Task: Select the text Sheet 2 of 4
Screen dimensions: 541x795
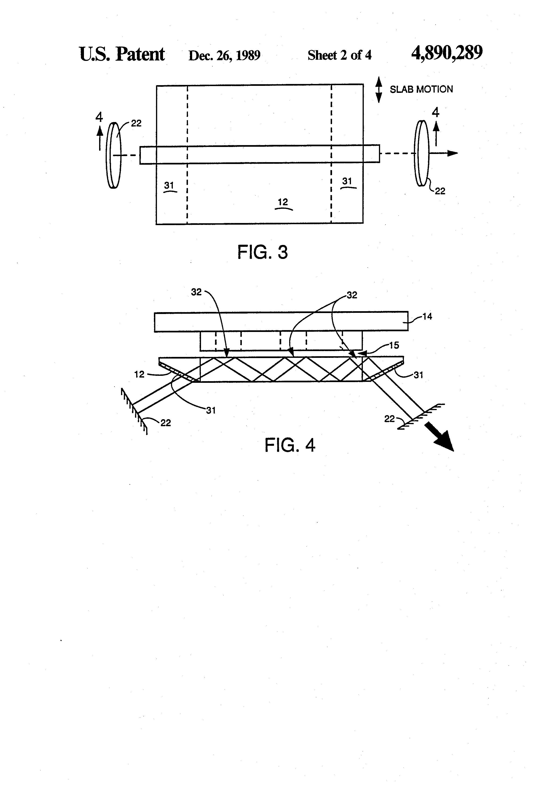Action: pyautogui.click(x=339, y=55)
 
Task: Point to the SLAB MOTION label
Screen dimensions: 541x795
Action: pyautogui.click(x=421, y=89)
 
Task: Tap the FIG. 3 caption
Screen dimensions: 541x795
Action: pyautogui.click(x=263, y=252)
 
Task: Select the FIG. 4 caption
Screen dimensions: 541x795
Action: pyautogui.click(x=290, y=445)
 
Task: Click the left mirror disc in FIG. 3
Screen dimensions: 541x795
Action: pyautogui.click(x=114, y=155)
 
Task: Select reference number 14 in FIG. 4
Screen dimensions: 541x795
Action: pyautogui.click(x=427, y=316)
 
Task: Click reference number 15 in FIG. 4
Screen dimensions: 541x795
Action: pyautogui.click(x=394, y=345)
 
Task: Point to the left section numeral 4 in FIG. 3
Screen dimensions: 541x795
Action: pyautogui.click(x=99, y=117)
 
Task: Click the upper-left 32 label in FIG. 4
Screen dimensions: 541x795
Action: pyautogui.click(x=196, y=292)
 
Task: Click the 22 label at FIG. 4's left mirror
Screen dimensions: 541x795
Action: pyautogui.click(x=166, y=423)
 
